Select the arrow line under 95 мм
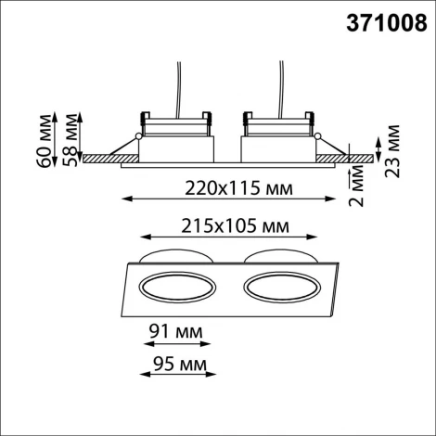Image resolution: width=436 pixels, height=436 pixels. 173,373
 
